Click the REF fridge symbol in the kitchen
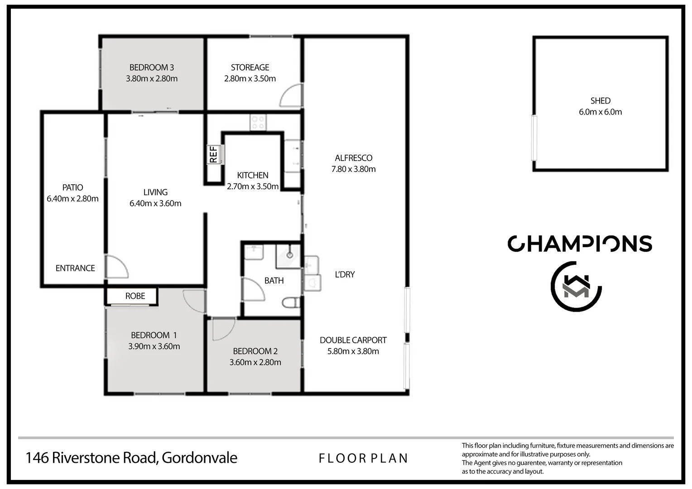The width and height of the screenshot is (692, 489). tap(214, 154)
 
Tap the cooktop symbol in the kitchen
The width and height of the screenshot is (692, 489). tap(258, 122)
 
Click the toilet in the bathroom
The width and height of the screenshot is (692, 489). tap(290, 302)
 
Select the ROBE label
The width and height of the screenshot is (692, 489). tap(135, 296)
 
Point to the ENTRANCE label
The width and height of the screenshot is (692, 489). tap(75, 268)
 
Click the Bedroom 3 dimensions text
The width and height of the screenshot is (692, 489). tap(152, 78)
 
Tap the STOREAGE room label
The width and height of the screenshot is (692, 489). tap(250, 67)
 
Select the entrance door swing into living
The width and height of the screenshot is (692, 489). tap(117, 267)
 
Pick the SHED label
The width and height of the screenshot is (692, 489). tap(600, 101)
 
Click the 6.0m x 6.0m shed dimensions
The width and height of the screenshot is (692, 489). tap(600, 112)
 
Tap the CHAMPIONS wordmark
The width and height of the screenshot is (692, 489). tap(580, 244)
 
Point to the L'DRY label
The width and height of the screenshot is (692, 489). tap(345, 274)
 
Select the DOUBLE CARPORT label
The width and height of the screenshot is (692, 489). tap(353, 340)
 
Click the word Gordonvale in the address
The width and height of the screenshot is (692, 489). tap(199, 458)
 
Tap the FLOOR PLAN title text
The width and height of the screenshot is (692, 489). tap(363, 459)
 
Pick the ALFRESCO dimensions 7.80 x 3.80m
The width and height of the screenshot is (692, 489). tap(354, 169)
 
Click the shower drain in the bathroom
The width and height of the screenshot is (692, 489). tap(290, 255)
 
